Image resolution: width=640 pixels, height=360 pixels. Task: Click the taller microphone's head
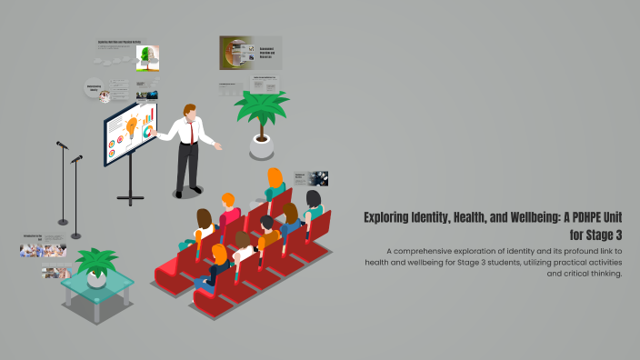click(x=62, y=145)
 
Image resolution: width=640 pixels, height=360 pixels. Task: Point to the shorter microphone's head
click(x=76, y=159)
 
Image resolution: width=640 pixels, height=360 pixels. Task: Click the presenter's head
click(x=188, y=112)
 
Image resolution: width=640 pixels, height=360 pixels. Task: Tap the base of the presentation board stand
click(x=131, y=196)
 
